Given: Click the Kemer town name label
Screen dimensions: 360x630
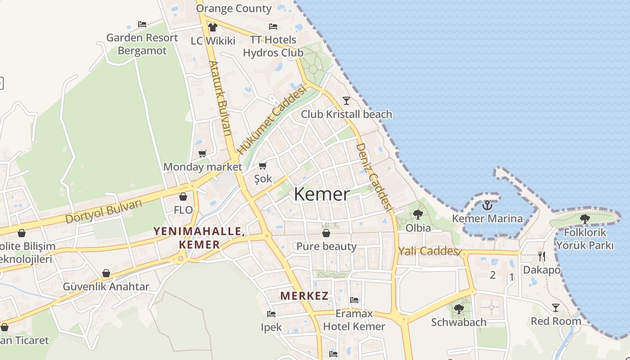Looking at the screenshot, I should [x=321, y=194].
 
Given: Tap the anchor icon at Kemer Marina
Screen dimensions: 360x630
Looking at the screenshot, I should [x=487, y=206].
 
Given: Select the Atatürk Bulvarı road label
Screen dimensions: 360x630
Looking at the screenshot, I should [x=220, y=98].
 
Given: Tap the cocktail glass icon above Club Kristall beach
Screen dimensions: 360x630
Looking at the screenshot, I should [x=346, y=100].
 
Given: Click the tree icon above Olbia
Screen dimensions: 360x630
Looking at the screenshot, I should [x=418, y=214].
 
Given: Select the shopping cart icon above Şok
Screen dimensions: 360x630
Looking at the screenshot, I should [x=263, y=166].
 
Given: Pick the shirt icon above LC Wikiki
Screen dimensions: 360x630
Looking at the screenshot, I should [x=213, y=27].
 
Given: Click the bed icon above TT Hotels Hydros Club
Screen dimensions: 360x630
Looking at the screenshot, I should [x=273, y=27].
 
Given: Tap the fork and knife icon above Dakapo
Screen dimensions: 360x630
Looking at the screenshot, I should [x=542, y=256].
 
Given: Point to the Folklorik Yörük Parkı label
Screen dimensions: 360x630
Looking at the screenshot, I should [x=585, y=239].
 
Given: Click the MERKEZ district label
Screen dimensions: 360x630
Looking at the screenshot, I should [x=304, y=296].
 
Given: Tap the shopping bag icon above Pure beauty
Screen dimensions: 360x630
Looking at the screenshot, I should [x=326, y=233].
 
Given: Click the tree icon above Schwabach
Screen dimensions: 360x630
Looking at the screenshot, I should [x=459, y=309].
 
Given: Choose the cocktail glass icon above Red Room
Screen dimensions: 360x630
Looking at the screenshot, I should [x=556, y=308].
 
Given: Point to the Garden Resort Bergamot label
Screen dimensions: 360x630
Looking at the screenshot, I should [x=142, y=44].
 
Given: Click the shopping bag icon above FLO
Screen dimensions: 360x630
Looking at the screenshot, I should [x=183, y=197].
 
